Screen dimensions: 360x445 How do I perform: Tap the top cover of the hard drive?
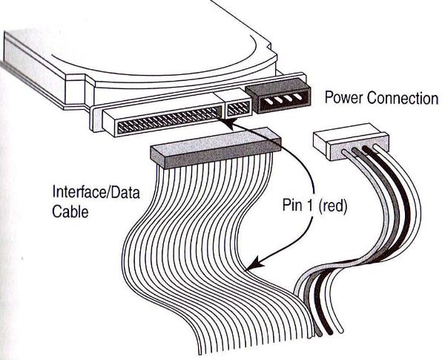tap(148, 45)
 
